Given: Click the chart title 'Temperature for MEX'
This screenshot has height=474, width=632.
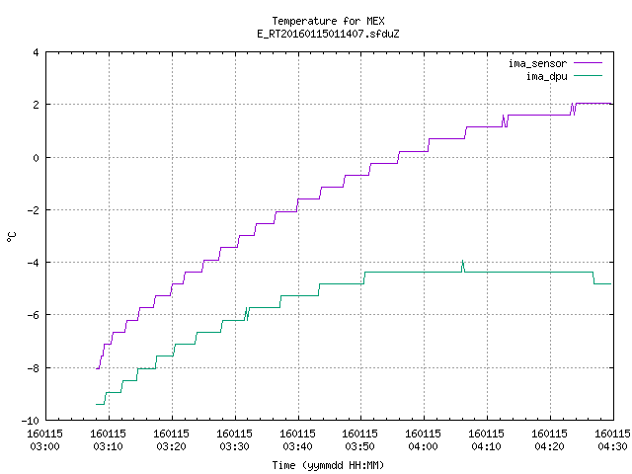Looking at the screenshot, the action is coord(328,21).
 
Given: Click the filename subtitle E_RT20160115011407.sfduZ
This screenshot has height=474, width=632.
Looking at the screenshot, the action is coord(328,34).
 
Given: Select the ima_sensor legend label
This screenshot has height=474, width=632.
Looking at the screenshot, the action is coord(537,63).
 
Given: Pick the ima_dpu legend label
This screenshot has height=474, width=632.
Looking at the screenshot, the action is coord(547,76).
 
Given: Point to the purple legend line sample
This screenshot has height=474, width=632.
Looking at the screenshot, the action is coord(588,63).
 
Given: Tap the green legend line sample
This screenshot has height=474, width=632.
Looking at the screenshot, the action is coord(588,75).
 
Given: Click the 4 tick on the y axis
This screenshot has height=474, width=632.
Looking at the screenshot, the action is coord(37,52).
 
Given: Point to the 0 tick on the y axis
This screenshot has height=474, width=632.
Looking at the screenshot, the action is coord(37,158).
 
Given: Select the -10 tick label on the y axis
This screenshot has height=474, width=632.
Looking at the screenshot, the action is coord(31,421).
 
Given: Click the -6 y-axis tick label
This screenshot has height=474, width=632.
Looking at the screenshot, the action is coord(33,315).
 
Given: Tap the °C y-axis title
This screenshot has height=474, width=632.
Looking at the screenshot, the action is coord(11,237).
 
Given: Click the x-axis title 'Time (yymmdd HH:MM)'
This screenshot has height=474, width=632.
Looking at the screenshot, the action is coord(328,465).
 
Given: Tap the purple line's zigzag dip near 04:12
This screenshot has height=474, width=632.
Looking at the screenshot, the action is coord(505,121).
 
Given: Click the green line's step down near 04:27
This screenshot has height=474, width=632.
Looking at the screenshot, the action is coord(593,278).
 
